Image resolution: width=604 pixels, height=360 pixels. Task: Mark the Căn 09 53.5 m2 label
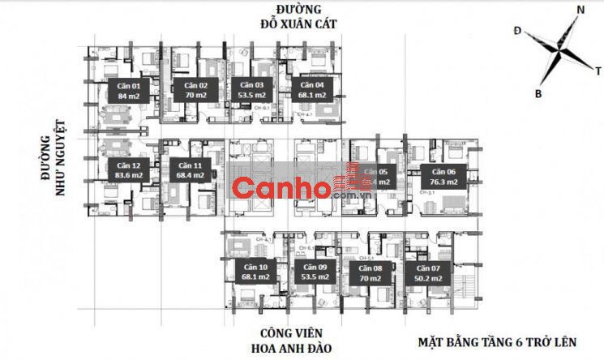pos(310,273)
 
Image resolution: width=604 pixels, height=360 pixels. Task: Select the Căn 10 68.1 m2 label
pos(251,273)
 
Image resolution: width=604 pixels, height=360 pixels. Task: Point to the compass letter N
pos(580,10)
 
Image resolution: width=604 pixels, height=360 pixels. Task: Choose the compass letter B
pos(538,93)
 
